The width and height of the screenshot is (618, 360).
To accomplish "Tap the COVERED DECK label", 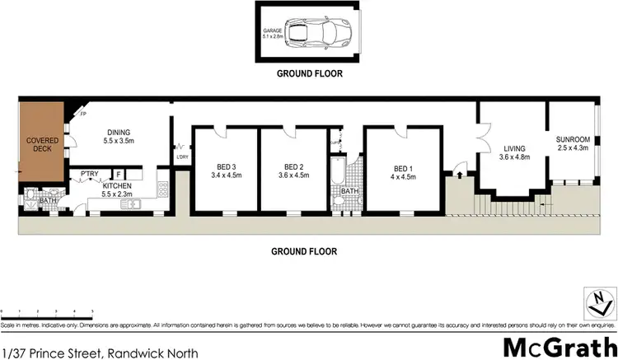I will [40, 145].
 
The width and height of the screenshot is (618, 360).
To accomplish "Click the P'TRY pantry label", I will [88, 173].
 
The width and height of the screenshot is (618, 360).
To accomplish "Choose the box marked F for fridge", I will [119, 174].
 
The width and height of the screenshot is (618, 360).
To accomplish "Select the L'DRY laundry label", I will [182, 157].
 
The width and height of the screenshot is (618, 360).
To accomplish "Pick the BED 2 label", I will [294, 165].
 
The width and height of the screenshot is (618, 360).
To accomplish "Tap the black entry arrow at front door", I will [450, 174].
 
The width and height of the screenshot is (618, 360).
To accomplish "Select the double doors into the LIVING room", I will [483, 133].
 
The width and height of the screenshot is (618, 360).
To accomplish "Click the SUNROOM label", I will [572, 138].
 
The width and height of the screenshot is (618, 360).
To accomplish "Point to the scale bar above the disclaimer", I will [47, 311].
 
